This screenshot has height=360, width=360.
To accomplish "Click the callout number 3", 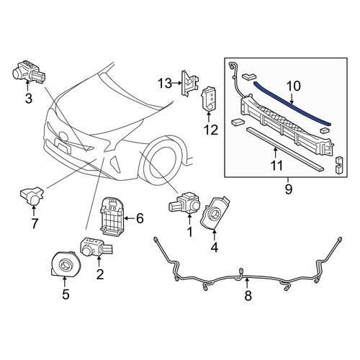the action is [x=29, y=99].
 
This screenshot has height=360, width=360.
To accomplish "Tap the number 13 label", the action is [x=165, y=84].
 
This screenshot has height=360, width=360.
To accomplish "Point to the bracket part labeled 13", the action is [x=190, y=84].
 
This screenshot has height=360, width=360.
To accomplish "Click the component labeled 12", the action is [x=208, y=99].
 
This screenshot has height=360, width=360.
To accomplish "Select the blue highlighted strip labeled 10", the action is [x=292, y=104].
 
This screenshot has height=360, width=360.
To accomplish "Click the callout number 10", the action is [x=293, y=86].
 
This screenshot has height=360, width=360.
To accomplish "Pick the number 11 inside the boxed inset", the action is [x=276, y=166].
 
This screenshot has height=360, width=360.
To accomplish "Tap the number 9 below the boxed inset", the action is [x=289, y=189].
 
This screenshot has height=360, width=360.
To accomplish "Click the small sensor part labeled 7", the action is [x=32, y=196].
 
